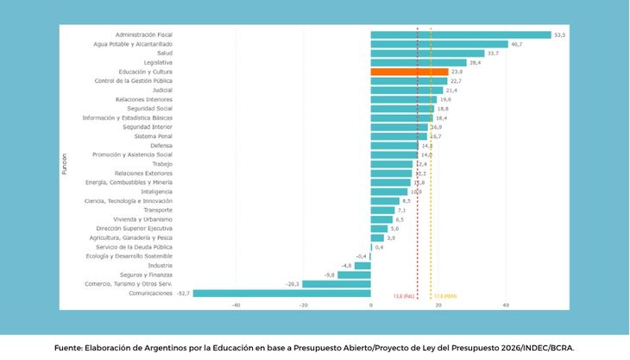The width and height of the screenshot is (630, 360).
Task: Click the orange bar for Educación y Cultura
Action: [x=409, y=72]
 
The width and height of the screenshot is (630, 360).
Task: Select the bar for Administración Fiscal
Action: [x=460, y=35]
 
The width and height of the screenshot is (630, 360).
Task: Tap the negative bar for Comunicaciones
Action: [x=281, y=293]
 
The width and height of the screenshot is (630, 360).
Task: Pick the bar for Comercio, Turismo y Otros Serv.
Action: [x=336, y=283]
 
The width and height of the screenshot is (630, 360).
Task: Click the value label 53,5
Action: [x=559, y=35]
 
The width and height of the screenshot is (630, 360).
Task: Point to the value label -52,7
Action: [x=183, y=294]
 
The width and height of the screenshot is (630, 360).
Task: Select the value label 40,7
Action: [x=516, y=44]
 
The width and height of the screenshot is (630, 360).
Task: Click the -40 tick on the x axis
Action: [x=236, y=305]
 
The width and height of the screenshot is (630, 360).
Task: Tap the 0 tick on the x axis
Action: [x=370, y=305]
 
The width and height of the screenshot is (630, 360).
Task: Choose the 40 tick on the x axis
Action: [x=506, y=305]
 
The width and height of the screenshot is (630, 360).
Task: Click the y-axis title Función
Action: [x=65, y=163]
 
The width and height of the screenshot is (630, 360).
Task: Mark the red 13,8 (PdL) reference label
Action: [x=404, y=296]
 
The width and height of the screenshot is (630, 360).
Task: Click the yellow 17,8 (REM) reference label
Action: [x=444, y=296]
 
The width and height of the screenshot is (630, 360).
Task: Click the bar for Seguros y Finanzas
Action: [x=354, y=275]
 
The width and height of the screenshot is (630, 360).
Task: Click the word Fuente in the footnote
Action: [x=67, y=348]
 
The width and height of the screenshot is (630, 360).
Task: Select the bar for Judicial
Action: [x=406, y=90]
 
